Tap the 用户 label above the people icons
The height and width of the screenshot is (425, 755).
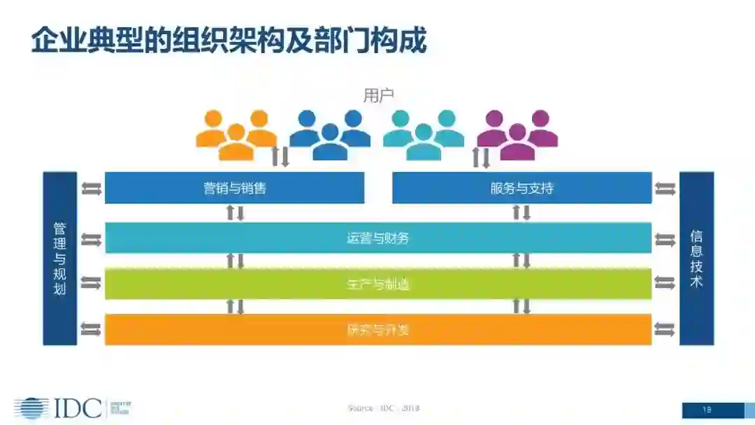[x=378, y=96]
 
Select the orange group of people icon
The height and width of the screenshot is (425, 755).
[x=236, y=134]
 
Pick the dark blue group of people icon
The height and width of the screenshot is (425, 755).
[x=330, y=134]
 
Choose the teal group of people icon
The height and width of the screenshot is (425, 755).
[x=424, y=134]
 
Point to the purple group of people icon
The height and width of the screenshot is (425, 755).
[x=517, y=134]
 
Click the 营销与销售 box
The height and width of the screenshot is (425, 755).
[x=234, y=188]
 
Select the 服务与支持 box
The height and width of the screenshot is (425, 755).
[x=522, y=188]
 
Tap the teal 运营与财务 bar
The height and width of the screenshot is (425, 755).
[x=377, y=238]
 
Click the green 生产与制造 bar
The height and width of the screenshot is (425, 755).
[x=377, y=284]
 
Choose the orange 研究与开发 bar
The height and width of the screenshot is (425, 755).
[x=377, y=329]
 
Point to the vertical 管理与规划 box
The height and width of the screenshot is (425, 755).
[x=60, y=259]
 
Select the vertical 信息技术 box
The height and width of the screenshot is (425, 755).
[x=696, y=259]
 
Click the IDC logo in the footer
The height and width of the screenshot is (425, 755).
[x=59, y=408]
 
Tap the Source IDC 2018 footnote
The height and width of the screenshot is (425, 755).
[x=383, y=408]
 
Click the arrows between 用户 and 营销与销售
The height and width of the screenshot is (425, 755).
[x=280, y=157]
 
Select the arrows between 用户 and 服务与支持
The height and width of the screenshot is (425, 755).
[x=482, y=157]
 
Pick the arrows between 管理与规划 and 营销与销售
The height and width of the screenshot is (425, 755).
[x=91, y=188]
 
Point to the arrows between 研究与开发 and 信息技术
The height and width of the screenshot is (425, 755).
[x=665, y=329]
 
